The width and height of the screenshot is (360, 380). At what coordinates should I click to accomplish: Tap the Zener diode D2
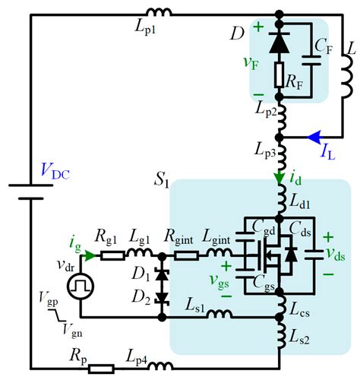click(162, 297)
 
